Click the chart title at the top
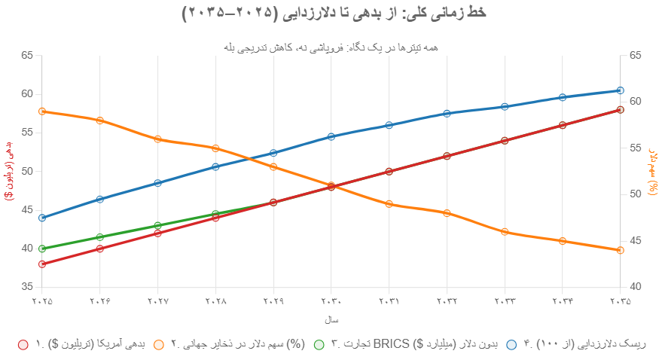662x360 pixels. (x=331, y=13)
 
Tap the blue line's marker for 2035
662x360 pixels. (x=620, y=90)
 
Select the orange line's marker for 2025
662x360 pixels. (x=42, y=111)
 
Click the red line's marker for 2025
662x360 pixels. (x=42, y=264)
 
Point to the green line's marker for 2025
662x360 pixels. (x=42, y=249)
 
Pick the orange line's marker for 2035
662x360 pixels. (x=620, y=250)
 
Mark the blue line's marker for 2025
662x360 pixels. (x=42, y=218)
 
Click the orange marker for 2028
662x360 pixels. (x=215, y=148)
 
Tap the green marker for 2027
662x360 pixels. (x=158, y=225)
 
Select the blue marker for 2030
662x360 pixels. (x=331, y=137)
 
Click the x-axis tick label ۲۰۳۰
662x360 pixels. (x=331, y=301)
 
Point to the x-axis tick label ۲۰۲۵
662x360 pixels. (x=42, y=301)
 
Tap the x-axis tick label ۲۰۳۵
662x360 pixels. (x=620, y=301)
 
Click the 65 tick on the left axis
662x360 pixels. (x=28, y=55)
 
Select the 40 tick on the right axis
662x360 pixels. (x=634, y=287)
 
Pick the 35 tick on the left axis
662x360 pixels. (x=28, y=287)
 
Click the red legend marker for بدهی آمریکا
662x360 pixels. (x=22, y=344)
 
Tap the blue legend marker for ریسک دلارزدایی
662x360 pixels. (x=511, y=344)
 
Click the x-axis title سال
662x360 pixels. (x=331, y=320)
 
